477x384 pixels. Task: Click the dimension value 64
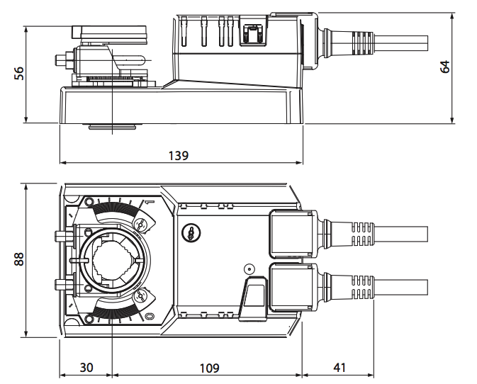pos(445,67)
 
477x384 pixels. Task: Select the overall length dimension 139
pos(179,156)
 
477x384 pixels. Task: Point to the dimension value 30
pos(86,368)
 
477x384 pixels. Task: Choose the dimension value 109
pos(208,368)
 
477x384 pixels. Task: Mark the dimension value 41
pos(339,368)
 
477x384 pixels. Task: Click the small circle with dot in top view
pos(249,270)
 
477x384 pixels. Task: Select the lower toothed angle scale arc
pos(113,311)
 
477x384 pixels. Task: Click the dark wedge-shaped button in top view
pos(252,297)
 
